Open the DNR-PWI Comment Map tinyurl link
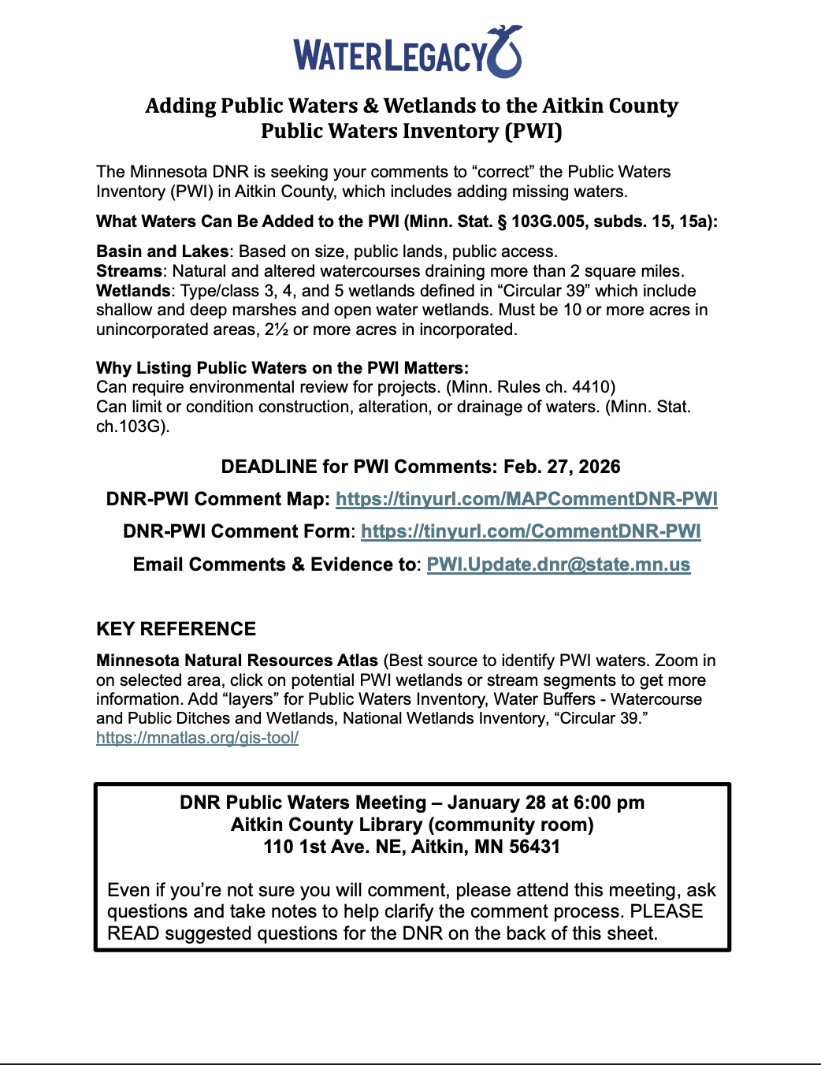(526, 499)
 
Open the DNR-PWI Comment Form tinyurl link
(530, 531)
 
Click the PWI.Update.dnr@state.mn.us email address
(558, 564)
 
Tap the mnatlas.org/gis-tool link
(197, 738)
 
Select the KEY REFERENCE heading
(176, 629)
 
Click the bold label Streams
(128, 271)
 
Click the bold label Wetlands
(132, 291)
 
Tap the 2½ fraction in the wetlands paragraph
(276, 330)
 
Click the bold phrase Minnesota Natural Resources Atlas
(236, 661)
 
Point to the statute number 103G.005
(548, 222)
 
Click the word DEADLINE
(269, 467)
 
